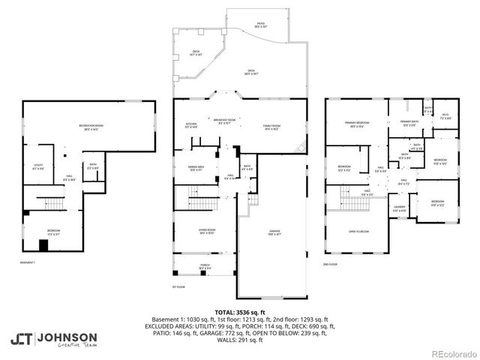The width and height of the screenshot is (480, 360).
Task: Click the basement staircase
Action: pyautogui.click(x=50, y=202)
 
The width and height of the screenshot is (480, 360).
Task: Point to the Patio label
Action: pyautogui.click(x=260, y=25)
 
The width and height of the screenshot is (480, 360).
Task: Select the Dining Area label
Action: pyautogui.click(x=196, y=169)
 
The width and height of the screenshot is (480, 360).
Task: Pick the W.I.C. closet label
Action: pyautogui.click(x=445, y=116)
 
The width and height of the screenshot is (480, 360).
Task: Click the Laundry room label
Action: pyautogui.click(x=400, y=209)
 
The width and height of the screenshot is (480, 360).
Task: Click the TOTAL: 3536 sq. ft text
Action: pyautogui.click(x=239, y=311)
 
